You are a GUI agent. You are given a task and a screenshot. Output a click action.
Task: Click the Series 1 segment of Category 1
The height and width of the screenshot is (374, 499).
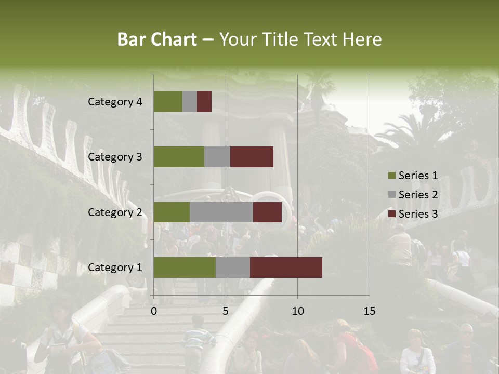[x=185, y=268]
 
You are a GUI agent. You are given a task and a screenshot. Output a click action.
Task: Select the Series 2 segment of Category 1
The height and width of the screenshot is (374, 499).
[x=232, y=268]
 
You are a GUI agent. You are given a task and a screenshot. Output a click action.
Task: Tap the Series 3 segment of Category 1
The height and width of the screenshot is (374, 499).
[x=286, y=268]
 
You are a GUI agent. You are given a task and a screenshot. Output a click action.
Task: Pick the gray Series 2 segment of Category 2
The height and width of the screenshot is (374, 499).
[x=221, y=212]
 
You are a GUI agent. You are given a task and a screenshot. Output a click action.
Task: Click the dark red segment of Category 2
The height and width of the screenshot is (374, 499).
[x=267, y=212]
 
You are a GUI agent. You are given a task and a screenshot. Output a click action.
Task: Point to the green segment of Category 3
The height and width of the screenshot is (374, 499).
[x=178, y=157]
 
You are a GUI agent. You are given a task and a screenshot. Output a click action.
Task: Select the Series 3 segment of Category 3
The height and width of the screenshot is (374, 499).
[x=252, y=157]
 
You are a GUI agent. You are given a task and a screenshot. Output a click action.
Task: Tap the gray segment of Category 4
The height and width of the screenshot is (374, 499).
[x=190, y=102]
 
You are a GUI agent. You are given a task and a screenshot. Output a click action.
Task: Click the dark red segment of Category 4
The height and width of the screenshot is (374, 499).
[x=204, y=102]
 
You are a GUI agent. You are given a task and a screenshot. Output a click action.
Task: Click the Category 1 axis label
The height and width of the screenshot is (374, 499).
[x=114, y=268]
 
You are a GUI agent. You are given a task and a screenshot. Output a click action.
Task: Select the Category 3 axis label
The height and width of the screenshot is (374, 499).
[x=114, y=157]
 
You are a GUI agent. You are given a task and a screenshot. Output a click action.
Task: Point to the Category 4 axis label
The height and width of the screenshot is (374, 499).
[x=114, y=102]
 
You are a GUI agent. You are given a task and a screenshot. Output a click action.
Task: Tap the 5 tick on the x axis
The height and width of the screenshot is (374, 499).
[x=226, y=311]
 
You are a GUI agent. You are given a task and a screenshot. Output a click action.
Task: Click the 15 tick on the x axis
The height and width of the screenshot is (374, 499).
[x=370, y=311]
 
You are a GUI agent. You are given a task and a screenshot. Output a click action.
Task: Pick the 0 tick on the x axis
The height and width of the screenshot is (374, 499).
[x=154, y=311]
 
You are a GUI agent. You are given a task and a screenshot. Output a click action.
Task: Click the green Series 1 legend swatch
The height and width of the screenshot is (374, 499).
[x=391, y=176]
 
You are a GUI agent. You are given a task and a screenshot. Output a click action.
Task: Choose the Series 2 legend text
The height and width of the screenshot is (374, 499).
[x=418, y=195]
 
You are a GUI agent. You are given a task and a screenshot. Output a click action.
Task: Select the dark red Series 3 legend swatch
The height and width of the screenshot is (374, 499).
[x=391, y=214]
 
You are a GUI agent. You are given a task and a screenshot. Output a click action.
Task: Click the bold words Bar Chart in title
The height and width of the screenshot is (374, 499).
[x=157, y=39]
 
